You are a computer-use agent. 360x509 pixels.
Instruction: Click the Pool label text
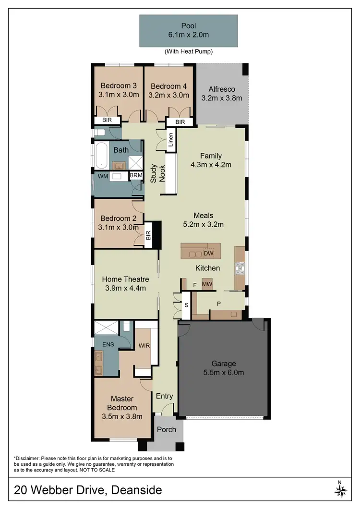coord(188,25)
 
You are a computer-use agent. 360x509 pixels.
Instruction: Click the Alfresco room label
coord(221,89)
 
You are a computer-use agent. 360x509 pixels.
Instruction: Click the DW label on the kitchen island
coord(208,253)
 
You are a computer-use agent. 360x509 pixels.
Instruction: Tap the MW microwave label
coord(207,285)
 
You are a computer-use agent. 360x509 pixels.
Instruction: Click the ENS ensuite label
coord(108,344)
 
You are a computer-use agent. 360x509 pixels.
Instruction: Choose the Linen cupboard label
coord(170,141)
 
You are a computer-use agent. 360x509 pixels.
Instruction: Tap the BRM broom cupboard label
coord(136,176)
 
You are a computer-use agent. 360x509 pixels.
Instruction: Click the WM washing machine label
coord(103,176)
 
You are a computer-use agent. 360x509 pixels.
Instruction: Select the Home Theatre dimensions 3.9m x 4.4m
coord(126,288)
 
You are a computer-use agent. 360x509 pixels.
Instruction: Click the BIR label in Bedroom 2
coord(148,235)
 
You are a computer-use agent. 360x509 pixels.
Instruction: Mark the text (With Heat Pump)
coord(188,51)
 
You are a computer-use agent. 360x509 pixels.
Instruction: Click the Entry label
coord(164,396)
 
